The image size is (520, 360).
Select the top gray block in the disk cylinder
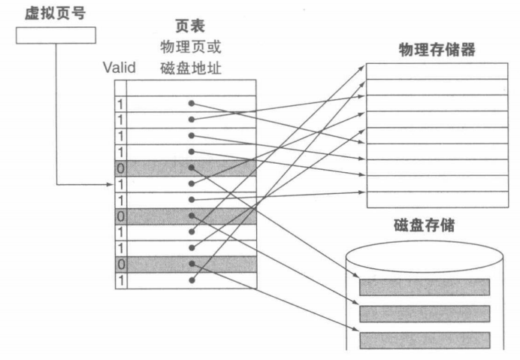425,286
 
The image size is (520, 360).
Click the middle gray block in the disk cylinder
425,313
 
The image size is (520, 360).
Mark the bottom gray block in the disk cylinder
425,340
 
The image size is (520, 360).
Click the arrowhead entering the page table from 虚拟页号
110,183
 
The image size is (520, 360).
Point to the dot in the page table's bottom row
192,280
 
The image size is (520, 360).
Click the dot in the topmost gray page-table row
192,168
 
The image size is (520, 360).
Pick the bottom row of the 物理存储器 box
440,199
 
